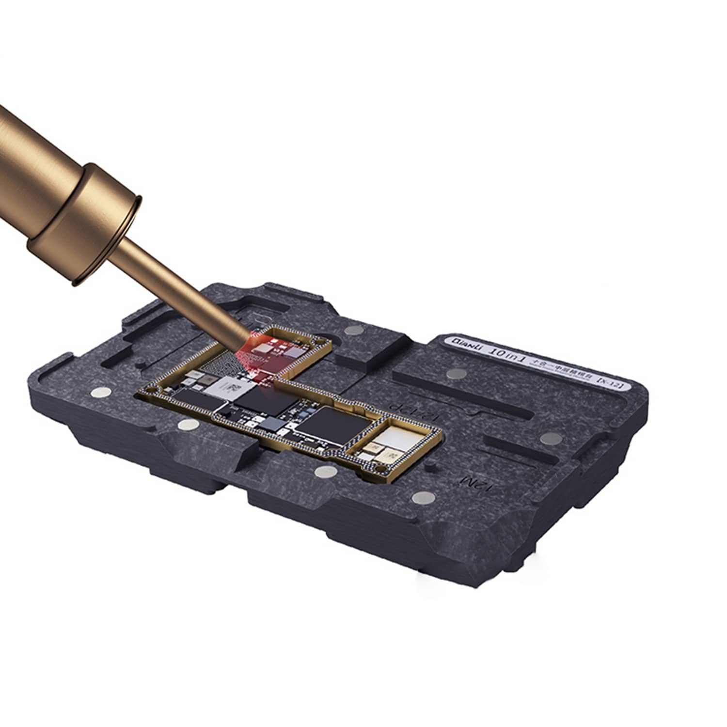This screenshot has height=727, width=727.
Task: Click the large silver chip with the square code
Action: coord(228,388)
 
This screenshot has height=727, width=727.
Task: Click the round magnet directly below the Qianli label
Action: coord(456,374)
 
